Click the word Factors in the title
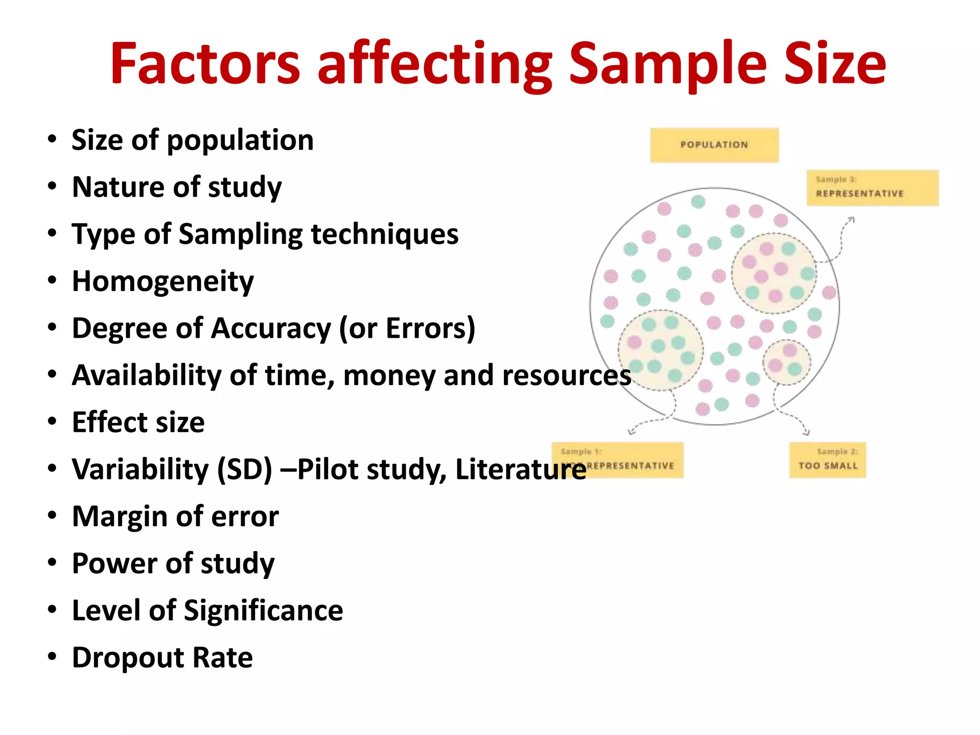(x=205, y=65)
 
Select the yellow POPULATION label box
(x=714, y=145)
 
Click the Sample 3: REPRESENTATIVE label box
(x=872, y=188)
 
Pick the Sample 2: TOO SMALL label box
(x=827, y=460)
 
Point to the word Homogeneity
(x=163, y=281)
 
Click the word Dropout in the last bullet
(x=126, y=658)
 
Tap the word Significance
(x=263, y=611)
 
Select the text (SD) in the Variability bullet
(x=245, y=469)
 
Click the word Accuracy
(x=271, y=328)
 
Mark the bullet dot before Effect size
(x=52, y=422)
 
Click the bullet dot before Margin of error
(x=52, y=515)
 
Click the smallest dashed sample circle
(x=786, y=362)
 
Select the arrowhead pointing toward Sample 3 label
(x=851, y=220)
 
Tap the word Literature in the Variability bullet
(x=520, y=469)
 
